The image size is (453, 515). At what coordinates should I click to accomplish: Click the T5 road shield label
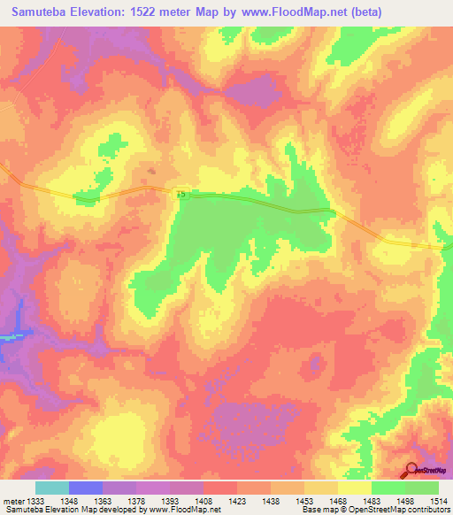[182, 193]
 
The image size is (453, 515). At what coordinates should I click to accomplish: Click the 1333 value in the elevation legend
[36, 501]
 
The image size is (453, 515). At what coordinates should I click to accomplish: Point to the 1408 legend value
[203, 501]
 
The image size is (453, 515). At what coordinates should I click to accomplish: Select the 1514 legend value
[439, 501]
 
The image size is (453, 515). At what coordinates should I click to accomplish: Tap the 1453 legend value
[304, 501]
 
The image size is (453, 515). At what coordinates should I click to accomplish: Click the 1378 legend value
[136, 501]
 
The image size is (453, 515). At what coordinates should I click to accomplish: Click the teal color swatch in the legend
[52, 488]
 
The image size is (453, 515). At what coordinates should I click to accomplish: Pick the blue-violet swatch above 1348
[86, 488]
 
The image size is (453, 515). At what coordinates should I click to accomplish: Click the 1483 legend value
[372, 501]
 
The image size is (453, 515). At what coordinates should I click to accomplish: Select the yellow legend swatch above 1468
[355, 488]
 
